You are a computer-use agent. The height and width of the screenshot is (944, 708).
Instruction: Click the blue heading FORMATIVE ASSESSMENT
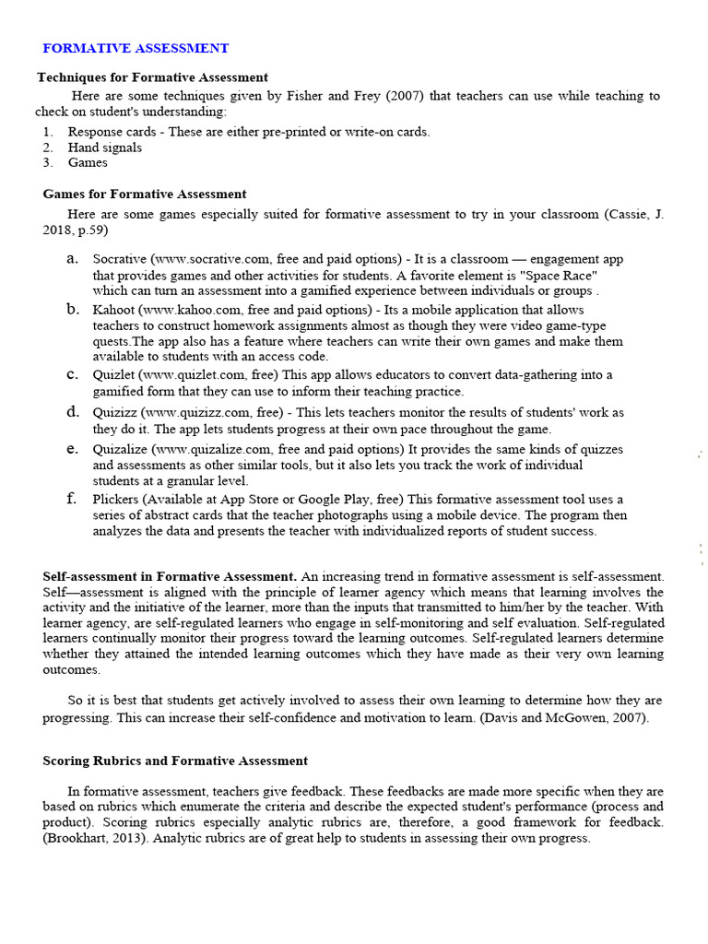click(x=136, y=48)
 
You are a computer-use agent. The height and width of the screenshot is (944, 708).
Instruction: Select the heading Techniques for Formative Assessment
click(x=152, y=77)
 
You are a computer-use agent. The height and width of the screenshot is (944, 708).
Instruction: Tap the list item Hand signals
click(x=105, y=147)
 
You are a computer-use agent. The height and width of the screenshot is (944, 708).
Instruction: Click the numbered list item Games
click(x=88, y=162)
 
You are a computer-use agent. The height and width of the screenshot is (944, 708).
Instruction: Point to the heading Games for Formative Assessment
click(x=145, y=195)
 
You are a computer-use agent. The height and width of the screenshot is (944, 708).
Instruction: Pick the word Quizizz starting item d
click(x=116, y=412)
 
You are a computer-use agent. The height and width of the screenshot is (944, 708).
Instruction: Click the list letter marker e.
click(x=72, y=449)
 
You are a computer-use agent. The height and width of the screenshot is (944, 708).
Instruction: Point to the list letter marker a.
click(x=72, y=259)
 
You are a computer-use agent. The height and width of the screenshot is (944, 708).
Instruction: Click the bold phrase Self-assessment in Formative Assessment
click(x=170, y=577)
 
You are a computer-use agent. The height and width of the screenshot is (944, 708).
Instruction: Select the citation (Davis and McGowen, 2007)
click(x=564, y=718)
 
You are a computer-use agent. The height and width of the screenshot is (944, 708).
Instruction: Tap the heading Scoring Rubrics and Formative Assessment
click(x=175, y=761)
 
